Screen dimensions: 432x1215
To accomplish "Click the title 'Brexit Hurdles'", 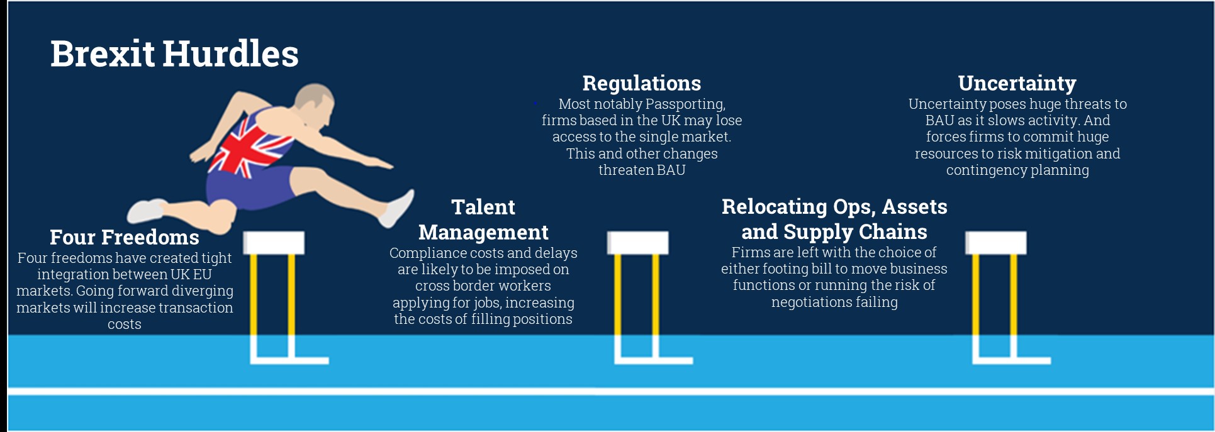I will pyautogui.click(x=174, y=54).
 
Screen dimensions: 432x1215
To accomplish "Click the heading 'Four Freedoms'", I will pyautogui.click(x=124, y=237).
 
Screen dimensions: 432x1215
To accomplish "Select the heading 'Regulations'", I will pyautogui.click(x=641, y=83).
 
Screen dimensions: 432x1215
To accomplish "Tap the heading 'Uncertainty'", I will pyautogui.click(x=1017, y=83).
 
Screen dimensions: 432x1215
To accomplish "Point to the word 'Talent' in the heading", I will pyautogui.click(x=483, y=207).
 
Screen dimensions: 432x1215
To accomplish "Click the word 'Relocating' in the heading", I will pyautogui.click(x=774, y=207).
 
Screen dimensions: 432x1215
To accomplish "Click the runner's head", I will pyautogui.click(x=315, y=104).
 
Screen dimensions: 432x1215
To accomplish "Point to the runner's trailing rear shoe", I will pyautogui.click(x=146, y=211).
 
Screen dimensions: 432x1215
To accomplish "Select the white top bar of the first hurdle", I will pyautogui.click(x=274, y=243).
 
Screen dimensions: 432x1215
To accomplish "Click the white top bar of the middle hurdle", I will pyautogui.click(x=637, y=243).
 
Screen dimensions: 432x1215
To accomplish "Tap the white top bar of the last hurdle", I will pyautogui.click(x=995, y=243).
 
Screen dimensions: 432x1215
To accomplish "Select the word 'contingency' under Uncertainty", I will pyautogui.click(x=986, y=170).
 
